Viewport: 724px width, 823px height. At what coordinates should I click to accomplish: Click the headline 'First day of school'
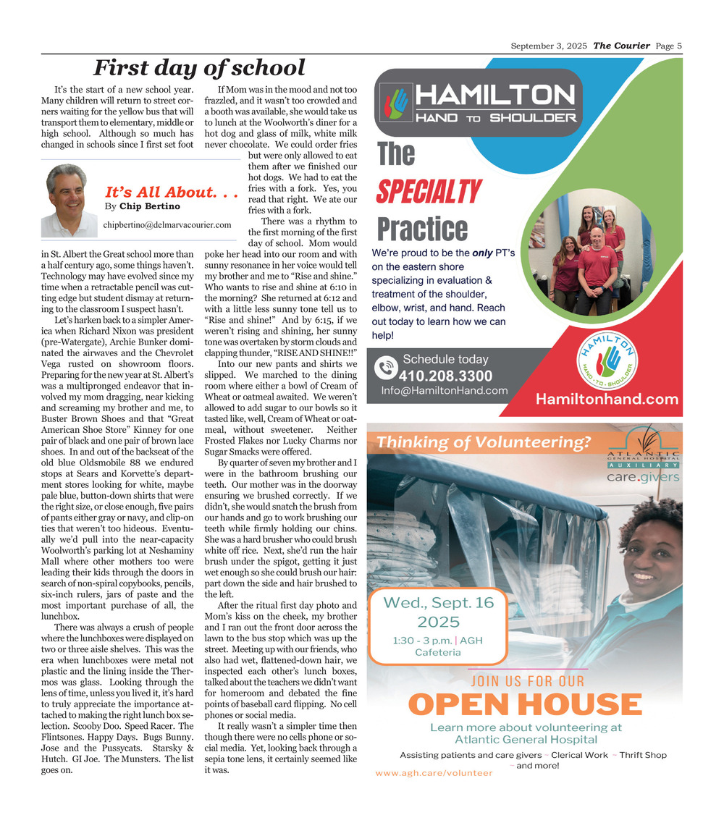(x=199, y=68)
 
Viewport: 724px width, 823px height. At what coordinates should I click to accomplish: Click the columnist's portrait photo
(x=68, y=201)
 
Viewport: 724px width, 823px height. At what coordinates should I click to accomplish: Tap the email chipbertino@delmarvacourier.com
(x=167, y=225)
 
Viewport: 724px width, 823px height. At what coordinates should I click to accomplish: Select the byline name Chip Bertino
(x=150, y=206)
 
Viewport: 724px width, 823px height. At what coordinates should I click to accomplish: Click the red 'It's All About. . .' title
(x=172, y=192)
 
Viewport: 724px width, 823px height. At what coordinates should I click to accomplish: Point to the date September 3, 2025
(x=549, y=46)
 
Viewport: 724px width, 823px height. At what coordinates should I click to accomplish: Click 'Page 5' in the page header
(x=669, y=46)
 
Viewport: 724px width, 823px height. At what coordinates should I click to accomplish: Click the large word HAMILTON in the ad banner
(x=495, y=96)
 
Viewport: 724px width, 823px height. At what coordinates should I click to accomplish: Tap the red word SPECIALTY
(x=428, y=193)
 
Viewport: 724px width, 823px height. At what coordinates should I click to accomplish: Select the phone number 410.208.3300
(x=445, y=376)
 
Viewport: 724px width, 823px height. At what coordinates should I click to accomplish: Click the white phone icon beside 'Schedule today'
(x=386, y=368)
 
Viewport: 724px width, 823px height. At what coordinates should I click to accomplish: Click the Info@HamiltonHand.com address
(x=445, y=391)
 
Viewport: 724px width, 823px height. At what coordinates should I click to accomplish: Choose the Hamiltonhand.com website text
(x=607, y=399)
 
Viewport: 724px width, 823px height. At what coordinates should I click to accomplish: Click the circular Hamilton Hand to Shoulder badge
(x=608, y=358)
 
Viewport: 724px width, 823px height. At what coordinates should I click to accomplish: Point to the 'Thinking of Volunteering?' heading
(x=484, y=442)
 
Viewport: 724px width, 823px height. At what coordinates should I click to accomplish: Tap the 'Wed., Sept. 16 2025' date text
(x=438, y=612)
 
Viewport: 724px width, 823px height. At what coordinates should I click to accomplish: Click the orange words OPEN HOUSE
(x=525, y=704)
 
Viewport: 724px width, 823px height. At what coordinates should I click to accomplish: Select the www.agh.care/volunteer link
(x=434, y=773)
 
